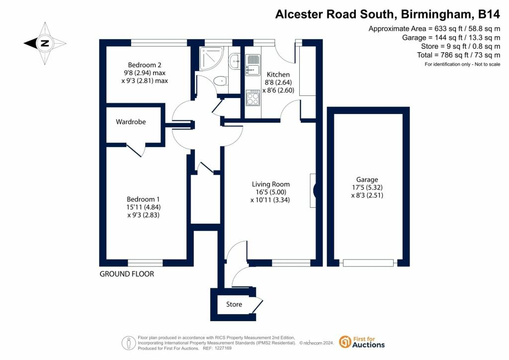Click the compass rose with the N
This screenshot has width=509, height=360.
(45, 43)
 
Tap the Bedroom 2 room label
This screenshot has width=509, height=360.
(145, 65)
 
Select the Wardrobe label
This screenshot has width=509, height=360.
(131, 121)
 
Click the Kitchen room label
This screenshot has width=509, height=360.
(278, 75)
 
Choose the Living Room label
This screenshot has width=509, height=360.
(270, 184)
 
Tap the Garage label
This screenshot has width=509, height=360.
(367, 180)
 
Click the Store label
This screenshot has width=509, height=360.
(234, 304)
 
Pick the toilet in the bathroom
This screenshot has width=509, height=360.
(219, 81)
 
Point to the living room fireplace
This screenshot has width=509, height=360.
(314, 190)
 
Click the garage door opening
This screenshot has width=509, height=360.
(368, 263)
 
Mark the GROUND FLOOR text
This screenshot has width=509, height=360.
(127, 274)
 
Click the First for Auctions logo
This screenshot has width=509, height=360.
(362, 342)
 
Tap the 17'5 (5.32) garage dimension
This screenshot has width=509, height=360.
(367, 187)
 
